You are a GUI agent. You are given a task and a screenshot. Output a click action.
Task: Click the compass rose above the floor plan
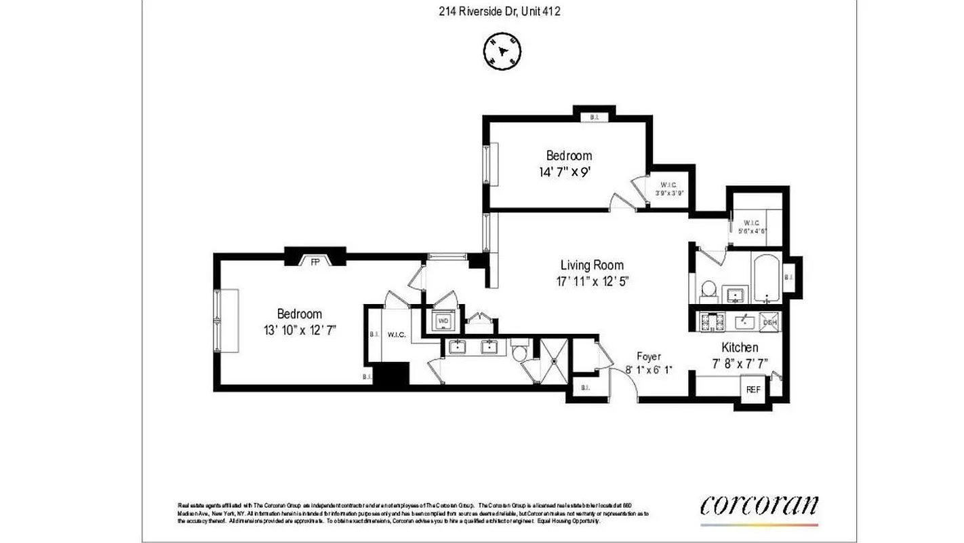(502, 51)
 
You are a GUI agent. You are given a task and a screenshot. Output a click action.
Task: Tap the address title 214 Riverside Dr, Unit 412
(500, 11)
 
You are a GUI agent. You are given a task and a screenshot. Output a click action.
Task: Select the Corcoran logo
(759, 506)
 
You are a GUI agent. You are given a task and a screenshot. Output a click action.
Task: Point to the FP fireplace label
(315, 261)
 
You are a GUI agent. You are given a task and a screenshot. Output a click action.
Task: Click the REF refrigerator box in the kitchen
(753, 390)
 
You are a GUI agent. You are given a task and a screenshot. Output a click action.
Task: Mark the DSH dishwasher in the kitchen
(769, 322)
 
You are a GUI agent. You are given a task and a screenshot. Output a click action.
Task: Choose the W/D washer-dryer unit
(444, 320)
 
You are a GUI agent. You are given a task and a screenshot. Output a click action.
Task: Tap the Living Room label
(592, 265)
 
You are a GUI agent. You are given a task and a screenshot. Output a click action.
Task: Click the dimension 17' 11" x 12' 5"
(591, 282)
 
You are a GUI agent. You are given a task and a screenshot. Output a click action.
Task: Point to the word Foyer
(648, 356)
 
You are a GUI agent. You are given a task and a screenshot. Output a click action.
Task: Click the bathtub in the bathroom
(767, 279)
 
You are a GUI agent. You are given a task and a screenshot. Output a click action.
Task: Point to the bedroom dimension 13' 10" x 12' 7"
(300, 330)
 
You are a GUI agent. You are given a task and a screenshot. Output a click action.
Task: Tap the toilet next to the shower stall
(520, 353)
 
